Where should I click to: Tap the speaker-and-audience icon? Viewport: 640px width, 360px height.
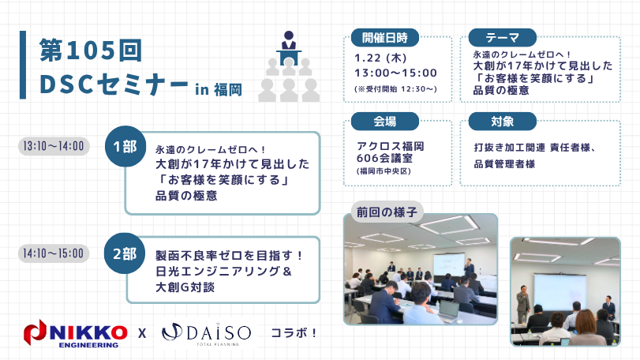click(x=288, y=66)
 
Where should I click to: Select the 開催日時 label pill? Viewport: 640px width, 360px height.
click(x=385, y=37)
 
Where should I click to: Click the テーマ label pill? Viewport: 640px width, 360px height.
click(x=503, y=37)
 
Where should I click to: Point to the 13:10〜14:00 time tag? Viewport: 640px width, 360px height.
click(x=54, y=147)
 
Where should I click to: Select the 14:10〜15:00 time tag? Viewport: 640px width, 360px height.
click(x=54, y=254)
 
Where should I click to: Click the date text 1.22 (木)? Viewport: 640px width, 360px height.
click(x=382, y=58)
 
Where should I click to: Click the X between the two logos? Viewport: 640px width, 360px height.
click(x=142, y=333)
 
